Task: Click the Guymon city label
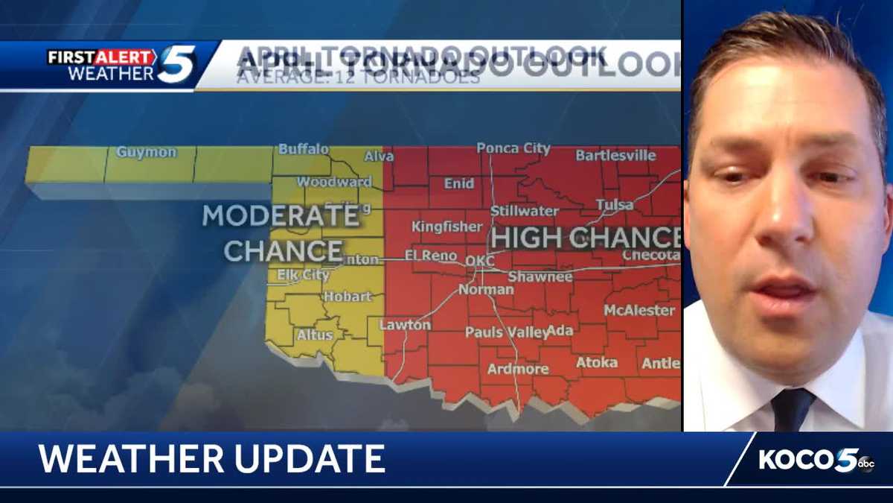[147, 152]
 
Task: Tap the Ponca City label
[513, 148]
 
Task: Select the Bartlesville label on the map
[615, 156]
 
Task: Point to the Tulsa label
[614, 204]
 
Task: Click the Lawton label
[405, 325]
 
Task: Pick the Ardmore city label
[518, 369]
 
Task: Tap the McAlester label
[639, 310]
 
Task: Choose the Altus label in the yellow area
[315, 335]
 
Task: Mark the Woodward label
[334, 182]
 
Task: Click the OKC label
[479, 262]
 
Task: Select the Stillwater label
[524, 211]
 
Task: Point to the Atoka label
[597, 362]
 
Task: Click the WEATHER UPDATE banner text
[212, 459]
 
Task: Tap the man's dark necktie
[792, 409]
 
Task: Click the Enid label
[458, 183]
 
